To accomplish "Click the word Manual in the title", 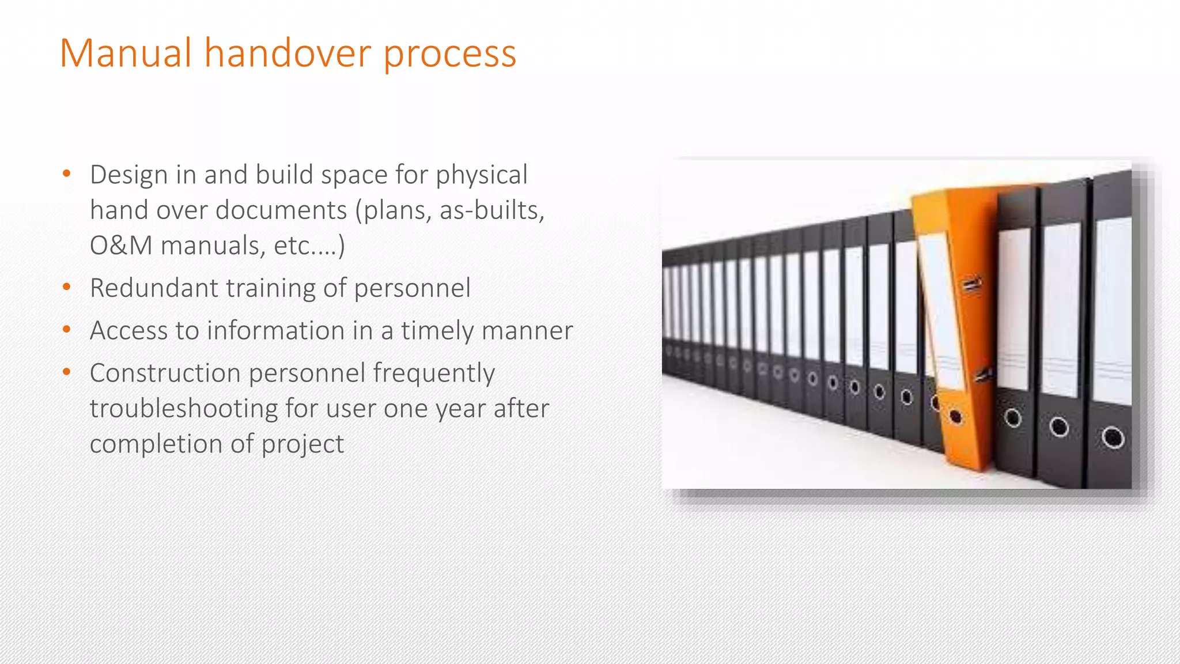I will click(126, 53).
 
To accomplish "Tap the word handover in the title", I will click(288, 53).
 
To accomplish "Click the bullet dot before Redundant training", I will click(66, 287).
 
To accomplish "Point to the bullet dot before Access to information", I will click(66, 330).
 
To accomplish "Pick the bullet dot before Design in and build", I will click(66, 173).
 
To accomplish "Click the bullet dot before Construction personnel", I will click(66, 372).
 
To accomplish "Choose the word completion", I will click(156, 444).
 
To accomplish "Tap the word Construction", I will click(165, 373).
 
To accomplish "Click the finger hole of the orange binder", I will click(955, 417).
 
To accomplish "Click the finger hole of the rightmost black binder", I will click(1112, 437).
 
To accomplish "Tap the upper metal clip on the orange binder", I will click(971, 285).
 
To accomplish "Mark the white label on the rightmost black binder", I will click(1113, 311).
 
